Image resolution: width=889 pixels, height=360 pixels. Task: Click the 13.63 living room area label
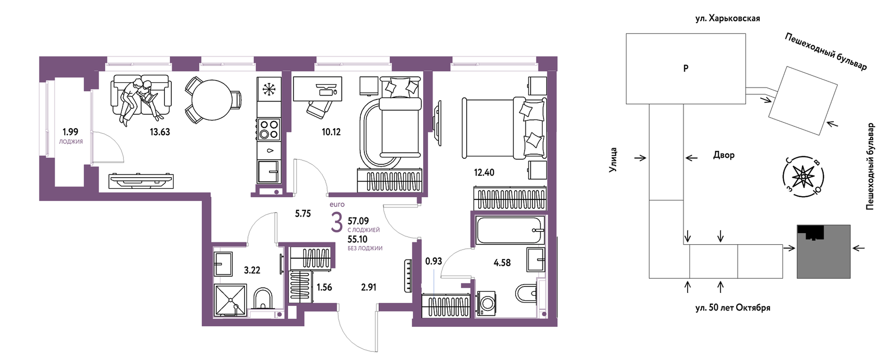pyautogui.click(x=160, y=132)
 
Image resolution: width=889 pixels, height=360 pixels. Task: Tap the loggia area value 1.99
pyautogui.click(x=70, y=132)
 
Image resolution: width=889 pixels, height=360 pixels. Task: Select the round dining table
pyautogui.click(x=212, y=100)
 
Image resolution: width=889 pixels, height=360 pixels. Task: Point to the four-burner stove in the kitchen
pyautogui.click(x=269, y=129)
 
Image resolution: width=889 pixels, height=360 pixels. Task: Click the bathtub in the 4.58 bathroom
pyautogui.click(x=509, y=230)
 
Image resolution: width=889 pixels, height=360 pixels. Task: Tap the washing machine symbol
pyautogui.click(x=486, y=303)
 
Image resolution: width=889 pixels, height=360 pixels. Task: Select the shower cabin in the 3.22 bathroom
pyautogui.click(x=230, y=300)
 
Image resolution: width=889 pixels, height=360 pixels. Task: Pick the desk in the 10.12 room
pyautogui.click(x=317, y=89)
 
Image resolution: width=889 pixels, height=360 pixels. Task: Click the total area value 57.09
pyautogui.click(x=358, y=221)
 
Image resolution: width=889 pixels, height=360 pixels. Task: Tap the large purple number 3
pyautogui.click(x=336, y=223)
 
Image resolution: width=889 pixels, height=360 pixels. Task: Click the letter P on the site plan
pyautogui.click(x=686, y=68)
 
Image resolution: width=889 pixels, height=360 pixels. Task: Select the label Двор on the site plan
pyautogui.click(x=724, y=155)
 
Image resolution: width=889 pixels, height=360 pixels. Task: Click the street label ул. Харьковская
pyautogui.click(x=727, y=18)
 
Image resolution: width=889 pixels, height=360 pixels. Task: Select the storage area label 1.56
pyautogui.click(x=324, y=287)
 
